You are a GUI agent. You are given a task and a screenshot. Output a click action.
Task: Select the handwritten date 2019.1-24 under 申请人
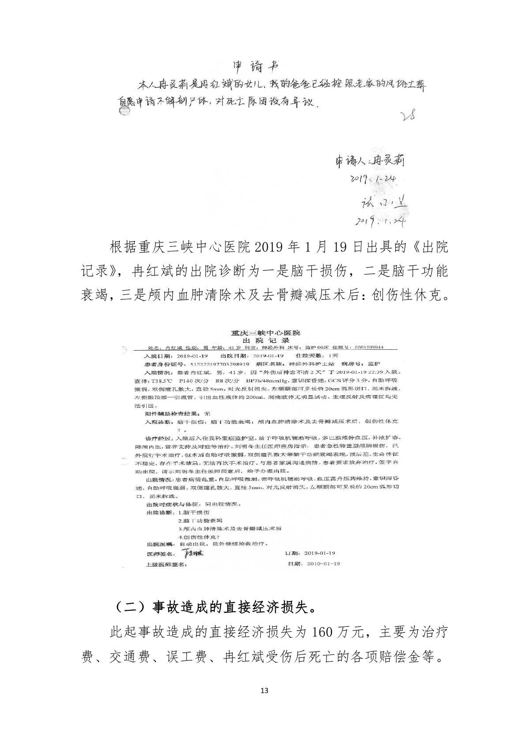pos(373,179)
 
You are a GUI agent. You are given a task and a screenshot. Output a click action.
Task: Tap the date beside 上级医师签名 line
pos(324,564)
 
